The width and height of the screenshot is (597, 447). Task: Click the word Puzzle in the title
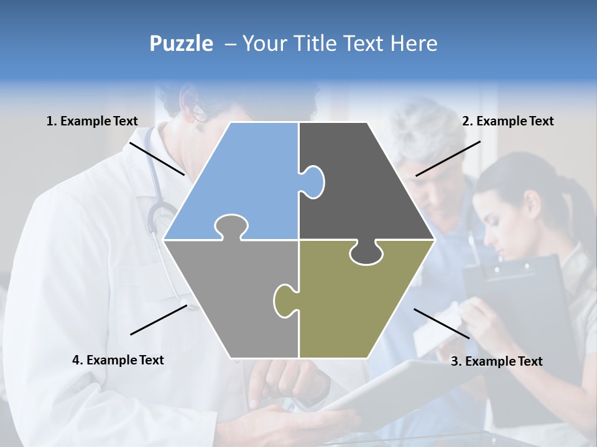pos(181,43)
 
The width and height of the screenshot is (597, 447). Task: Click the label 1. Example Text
pos(92,121)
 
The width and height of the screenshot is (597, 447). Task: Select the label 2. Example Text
pos(507,121)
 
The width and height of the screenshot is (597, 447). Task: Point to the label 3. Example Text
pos(496,361)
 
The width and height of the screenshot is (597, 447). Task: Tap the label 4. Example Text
pos(118,360)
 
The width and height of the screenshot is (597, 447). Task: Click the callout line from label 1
pos(157,158)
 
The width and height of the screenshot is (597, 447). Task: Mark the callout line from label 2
pos(448,158)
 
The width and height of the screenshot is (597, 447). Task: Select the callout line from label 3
pos(442,323)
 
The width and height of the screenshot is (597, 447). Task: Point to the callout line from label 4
pos(159,319)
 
